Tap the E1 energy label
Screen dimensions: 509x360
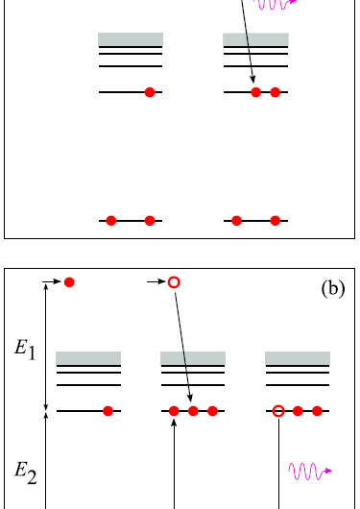[26, 352]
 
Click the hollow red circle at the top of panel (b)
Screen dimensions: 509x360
[174, 282]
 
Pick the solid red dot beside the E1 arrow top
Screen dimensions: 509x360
[69, 282]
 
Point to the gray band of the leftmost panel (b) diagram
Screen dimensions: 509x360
[88, 357]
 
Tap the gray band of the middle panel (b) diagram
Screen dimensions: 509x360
[192, 357]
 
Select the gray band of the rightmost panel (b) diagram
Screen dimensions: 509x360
[298, 357]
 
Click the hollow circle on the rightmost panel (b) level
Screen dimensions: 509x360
[278, 411]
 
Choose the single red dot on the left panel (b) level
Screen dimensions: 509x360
[108, 411]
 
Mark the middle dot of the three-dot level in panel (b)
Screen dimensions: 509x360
[193, 411]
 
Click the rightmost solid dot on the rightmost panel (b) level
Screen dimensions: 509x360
[317, 411]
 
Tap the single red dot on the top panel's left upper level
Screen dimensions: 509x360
[149, 92]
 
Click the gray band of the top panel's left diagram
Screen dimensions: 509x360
[131, 39]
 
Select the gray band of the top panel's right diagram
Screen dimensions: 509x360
[255, 39]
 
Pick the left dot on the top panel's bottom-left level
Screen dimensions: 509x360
[111, 221]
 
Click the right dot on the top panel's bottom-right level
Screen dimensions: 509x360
[276, 221]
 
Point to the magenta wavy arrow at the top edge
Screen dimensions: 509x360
[278, 4]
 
